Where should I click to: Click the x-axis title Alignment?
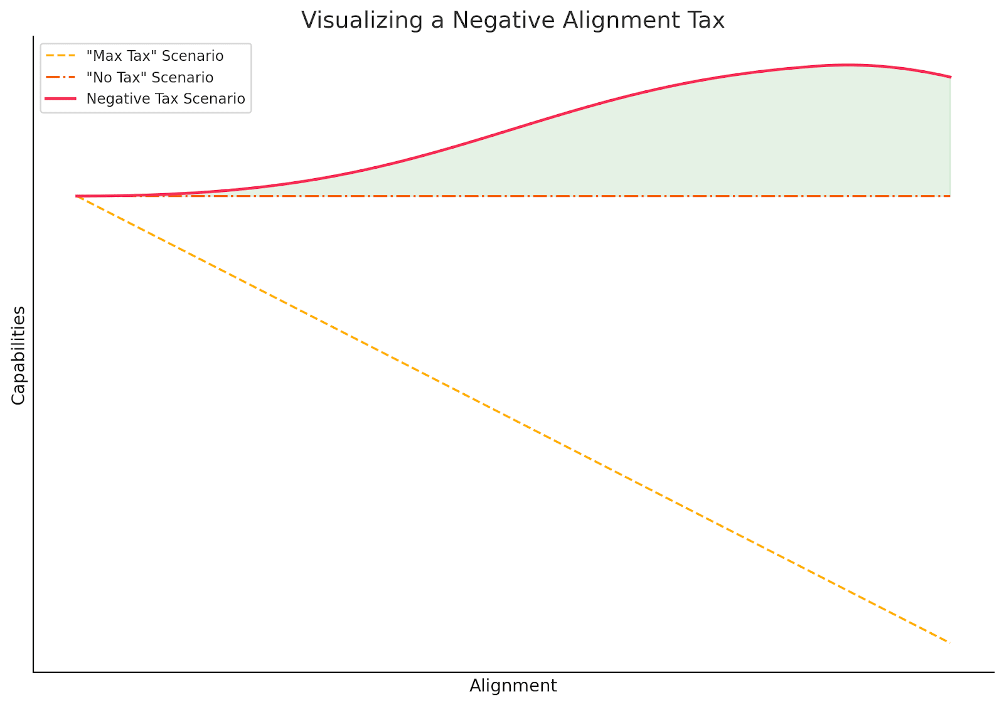513,686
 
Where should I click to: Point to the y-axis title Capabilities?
19,355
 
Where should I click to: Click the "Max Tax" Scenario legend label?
154,56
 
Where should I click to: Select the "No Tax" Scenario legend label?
149,77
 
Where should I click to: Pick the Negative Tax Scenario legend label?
166,98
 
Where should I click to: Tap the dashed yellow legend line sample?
61,56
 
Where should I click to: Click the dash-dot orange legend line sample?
61,77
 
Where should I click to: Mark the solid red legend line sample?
61,98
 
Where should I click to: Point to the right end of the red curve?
951,77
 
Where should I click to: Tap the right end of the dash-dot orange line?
950,196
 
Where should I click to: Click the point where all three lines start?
77,196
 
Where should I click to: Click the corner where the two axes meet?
33,672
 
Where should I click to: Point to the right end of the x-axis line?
994,672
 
